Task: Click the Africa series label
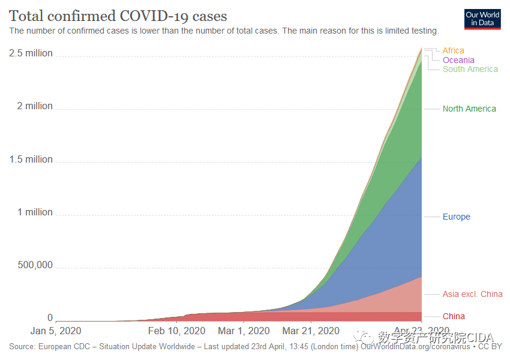453,51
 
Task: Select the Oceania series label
458,60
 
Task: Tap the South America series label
470,69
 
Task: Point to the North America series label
469,109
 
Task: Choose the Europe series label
456,217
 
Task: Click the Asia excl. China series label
472,294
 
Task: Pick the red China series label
454,316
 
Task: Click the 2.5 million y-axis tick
31,53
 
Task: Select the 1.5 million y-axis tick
31,160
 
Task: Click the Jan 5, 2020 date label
56,331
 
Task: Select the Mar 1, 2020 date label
244,331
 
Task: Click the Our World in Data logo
482,19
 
